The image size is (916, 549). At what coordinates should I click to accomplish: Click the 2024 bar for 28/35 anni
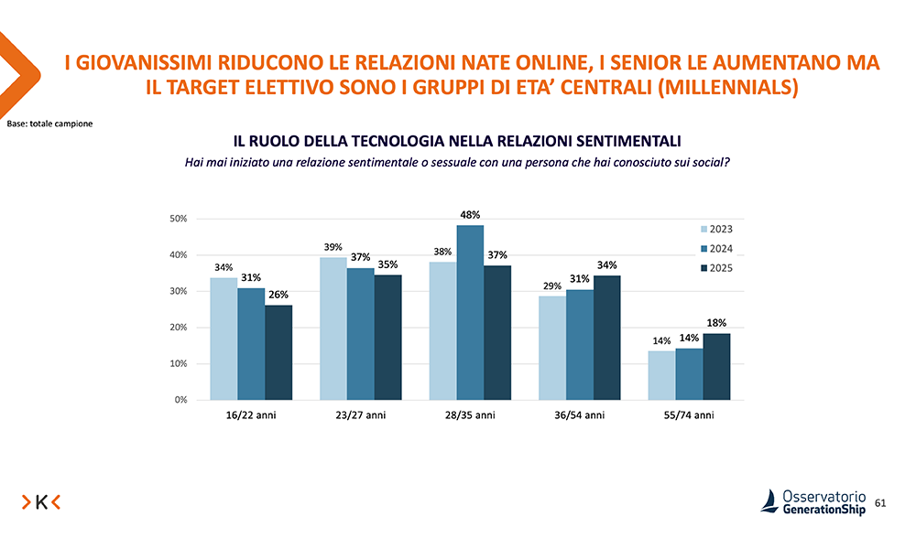click(x=470, y=312)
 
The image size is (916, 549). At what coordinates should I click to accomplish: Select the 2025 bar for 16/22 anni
click(x=278, y=352)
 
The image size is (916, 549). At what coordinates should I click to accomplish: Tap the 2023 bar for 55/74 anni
click(x=661, y=375)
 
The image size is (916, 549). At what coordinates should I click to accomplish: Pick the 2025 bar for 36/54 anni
click(x=606, y=338)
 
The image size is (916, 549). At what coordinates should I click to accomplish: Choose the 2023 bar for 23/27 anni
click(x=333, y=328)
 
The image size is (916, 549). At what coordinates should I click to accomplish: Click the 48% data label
click(x=471, y=214)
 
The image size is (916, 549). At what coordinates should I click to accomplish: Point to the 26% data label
click(x=278, y=295)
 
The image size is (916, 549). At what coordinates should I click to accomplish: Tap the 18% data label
click(x=716, y=323)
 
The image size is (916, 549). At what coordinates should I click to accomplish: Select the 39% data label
click(x=333, y=247)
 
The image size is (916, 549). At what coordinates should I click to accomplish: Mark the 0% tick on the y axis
click(x=180, y=400)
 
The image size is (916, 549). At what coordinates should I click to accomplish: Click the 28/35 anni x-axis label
click(x=470, y=415)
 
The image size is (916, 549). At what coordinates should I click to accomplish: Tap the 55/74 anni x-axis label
click(x=689, y=415)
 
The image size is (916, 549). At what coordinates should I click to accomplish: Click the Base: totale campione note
click(x=49, y=123)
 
